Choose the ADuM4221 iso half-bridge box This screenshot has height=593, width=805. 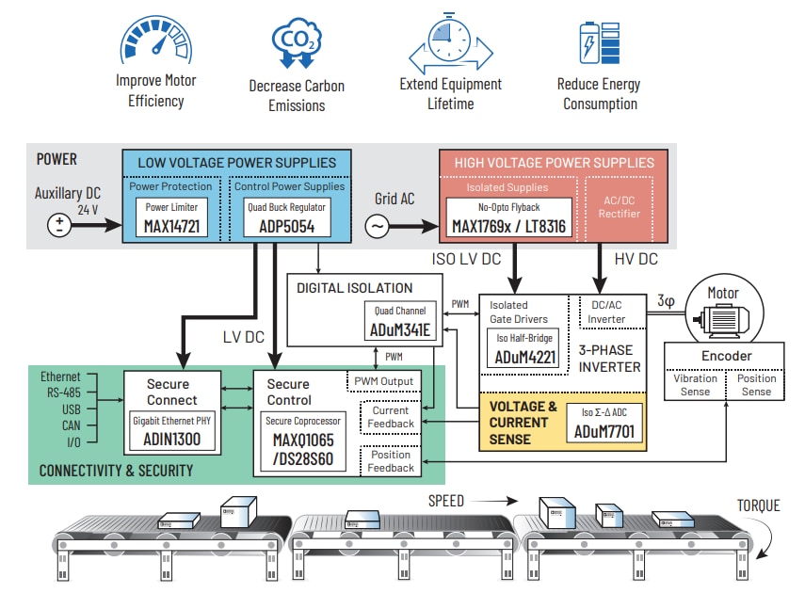[522, 348]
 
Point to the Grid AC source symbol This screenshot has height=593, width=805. [376, 227]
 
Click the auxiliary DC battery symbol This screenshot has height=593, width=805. [60, 226]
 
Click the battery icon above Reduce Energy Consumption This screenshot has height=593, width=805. [599, 42]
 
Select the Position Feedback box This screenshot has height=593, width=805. [390, 461]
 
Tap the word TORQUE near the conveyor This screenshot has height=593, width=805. [757, 506]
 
